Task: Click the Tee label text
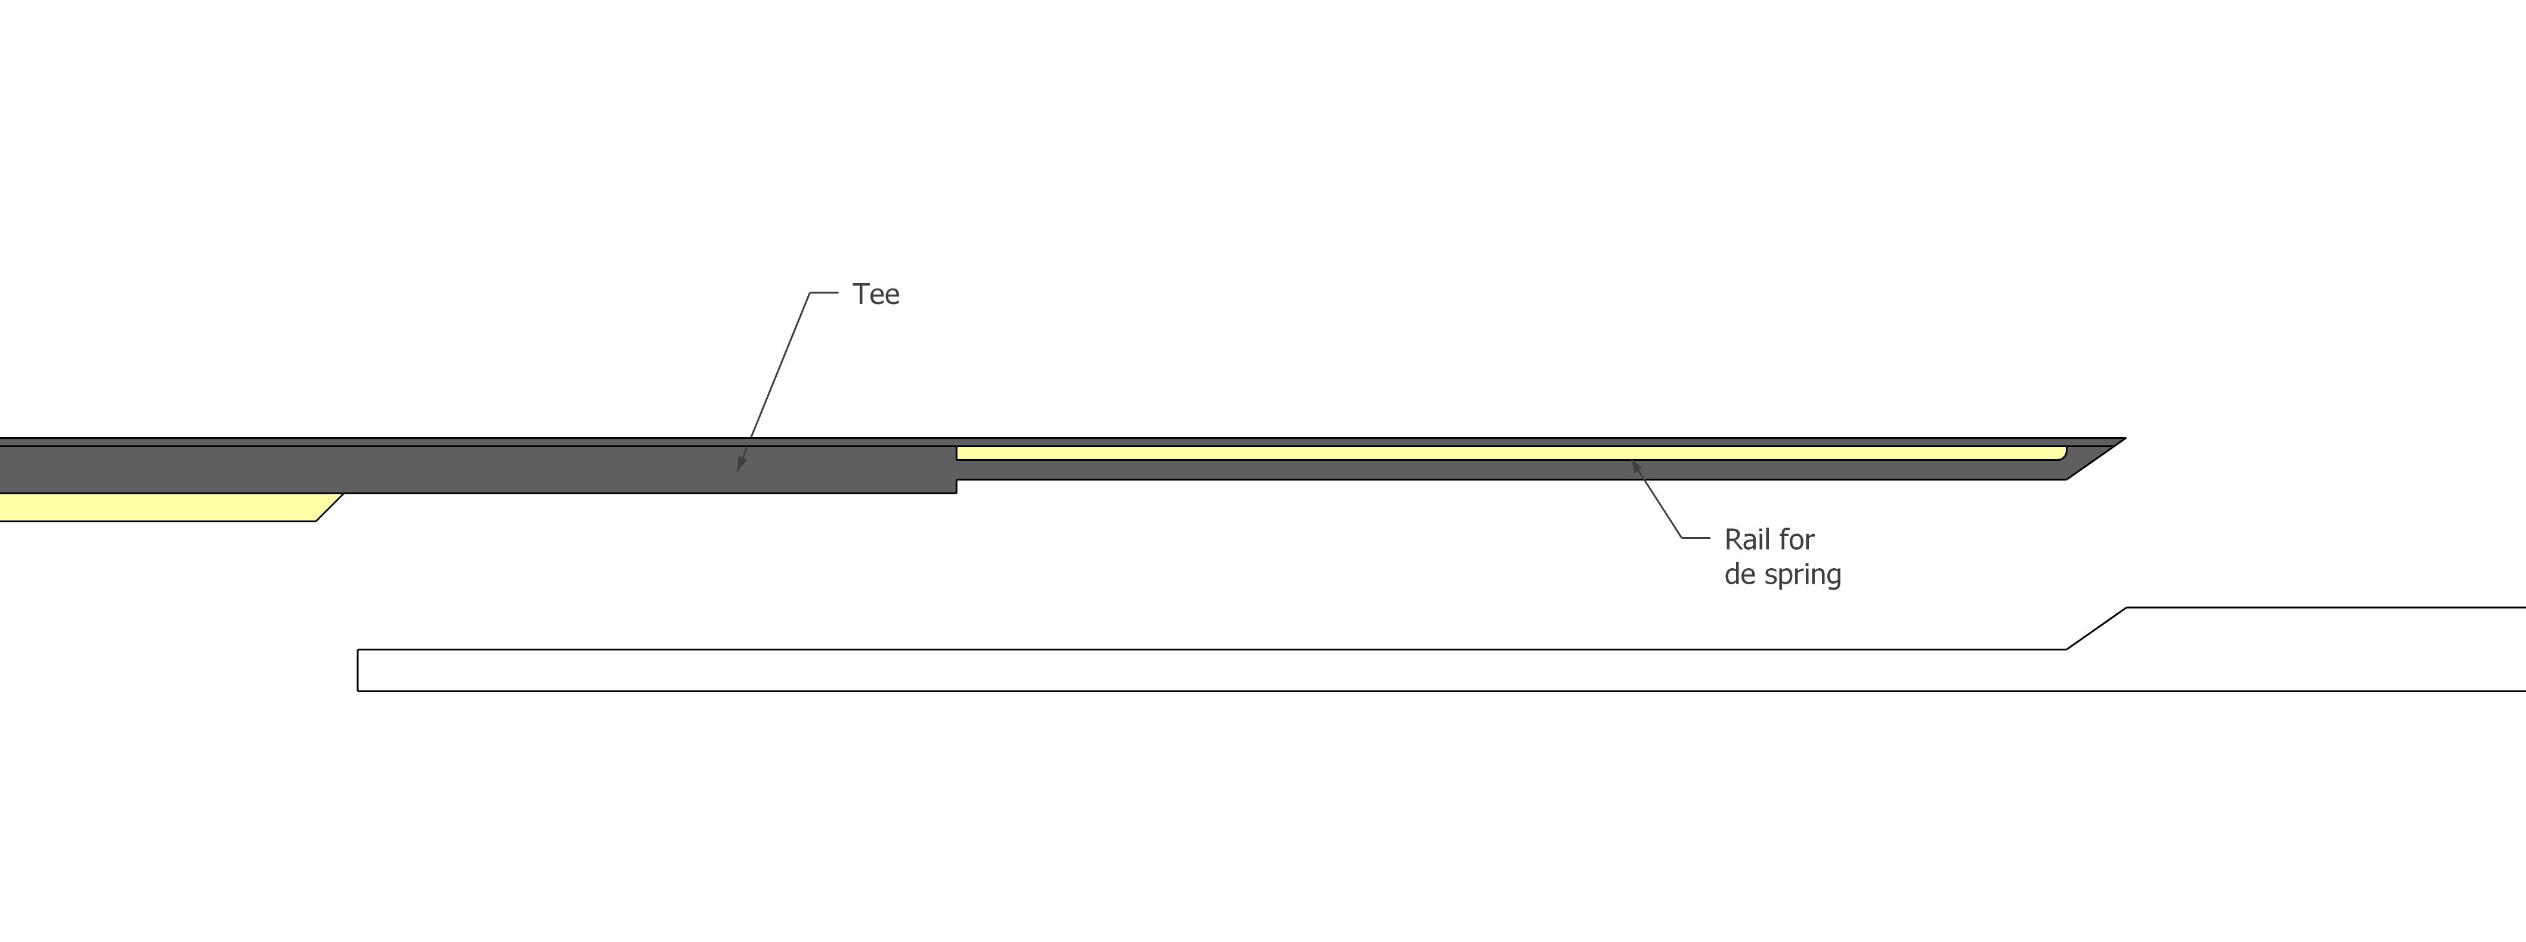[x=876, y=294]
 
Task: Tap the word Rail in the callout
[x=1746, y=539]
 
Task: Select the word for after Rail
[x=1796, y=539]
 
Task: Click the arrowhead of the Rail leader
[x=1637, y=469]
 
